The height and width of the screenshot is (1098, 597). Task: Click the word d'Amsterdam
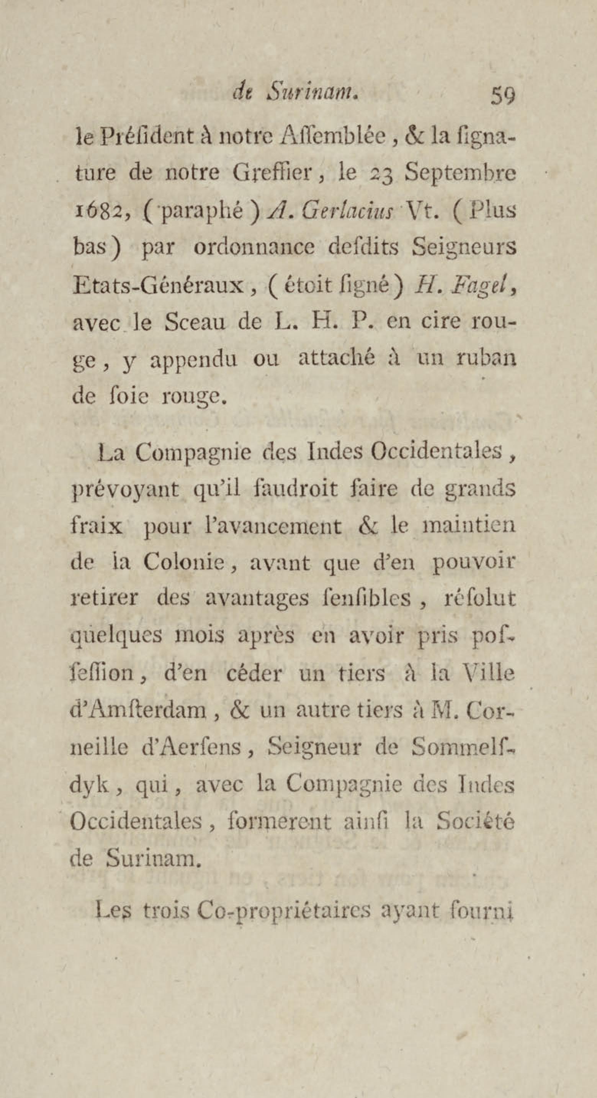pyautogui.click(x=138, y=711)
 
